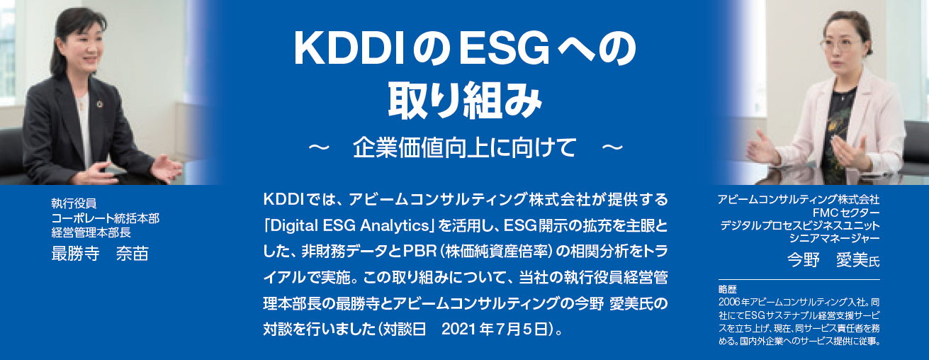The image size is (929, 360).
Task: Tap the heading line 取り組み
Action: (x=463, y=100)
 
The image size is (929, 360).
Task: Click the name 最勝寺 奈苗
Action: (x=100, y=254)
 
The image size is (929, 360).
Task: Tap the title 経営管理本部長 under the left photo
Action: (x=91, y=231)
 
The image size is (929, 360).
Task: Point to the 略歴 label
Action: (x=727, y=290)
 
